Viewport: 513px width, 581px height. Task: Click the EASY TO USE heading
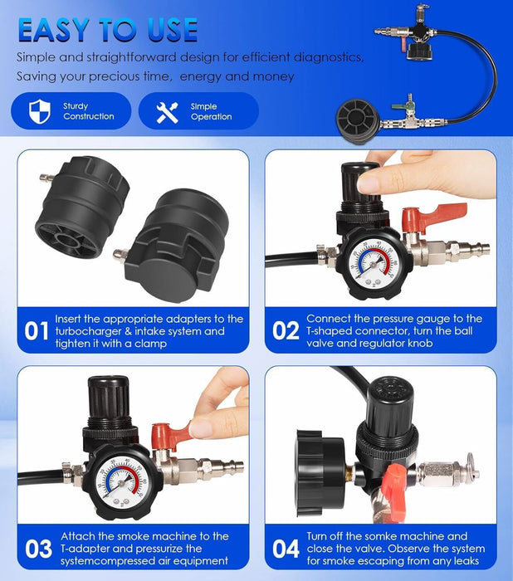[x=108, y=30]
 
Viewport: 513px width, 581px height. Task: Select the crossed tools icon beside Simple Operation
[x=167, y=111]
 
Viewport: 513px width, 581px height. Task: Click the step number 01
[x=36, y=331]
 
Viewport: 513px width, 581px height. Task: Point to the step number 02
[x=285, y=331]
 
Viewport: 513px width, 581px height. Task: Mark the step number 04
[x=285, y=549]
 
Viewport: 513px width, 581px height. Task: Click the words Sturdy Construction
[x=88, y=111]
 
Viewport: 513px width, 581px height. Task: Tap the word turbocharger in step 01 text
[x=89, y=331]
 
